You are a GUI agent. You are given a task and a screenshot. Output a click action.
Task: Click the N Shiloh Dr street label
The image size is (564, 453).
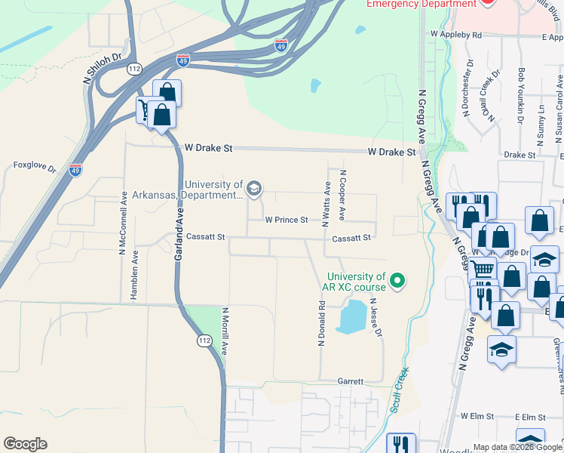click(x=102, y=65)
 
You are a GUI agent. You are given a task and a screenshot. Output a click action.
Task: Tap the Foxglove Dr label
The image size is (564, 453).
click(x=35, y=166)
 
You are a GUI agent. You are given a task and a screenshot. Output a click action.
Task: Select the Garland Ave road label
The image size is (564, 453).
click(x=179, y=236)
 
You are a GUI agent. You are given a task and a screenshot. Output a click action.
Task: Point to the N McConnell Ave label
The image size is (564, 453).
click(x=122, y=222)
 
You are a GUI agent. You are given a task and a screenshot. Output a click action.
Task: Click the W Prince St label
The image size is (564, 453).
click(x=287, y=220)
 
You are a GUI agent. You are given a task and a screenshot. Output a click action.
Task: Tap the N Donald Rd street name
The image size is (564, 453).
click(x=321, y=324)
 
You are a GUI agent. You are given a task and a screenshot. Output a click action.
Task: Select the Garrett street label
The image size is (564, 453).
click(x=351, y=382)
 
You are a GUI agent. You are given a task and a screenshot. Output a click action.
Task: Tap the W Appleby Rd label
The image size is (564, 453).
click(x=456, y=35)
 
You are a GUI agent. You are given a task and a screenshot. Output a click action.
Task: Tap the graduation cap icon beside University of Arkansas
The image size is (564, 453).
click(x=255, y=189)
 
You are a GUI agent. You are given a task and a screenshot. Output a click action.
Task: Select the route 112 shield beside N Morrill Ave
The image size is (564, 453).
click(x=204, y=341)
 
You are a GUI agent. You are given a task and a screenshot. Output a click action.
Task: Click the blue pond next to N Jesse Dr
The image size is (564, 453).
click(x=351, y=316)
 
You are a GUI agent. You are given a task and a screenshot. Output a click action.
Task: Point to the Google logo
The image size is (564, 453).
click(x=25, y=444)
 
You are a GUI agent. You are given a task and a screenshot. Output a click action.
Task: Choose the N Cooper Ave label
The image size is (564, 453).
click(x=342, y=195)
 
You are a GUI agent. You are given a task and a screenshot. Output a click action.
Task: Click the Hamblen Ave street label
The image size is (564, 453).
click(x=134, y=276)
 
